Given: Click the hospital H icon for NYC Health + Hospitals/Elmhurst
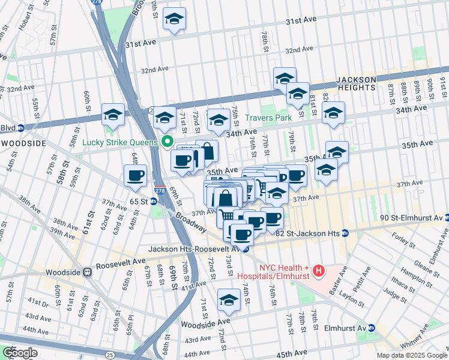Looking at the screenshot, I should [x=318, y=271].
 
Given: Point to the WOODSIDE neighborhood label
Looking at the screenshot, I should [x=23, y=143].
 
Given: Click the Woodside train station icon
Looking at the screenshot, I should [x=88, y=272].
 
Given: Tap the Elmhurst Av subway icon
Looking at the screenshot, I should [x=372, y=328].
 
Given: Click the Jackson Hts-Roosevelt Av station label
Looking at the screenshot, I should [x=194, y=248].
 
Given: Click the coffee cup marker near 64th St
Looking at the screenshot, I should [x=135, y=175].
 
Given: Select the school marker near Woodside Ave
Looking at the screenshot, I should [x=229, y=300].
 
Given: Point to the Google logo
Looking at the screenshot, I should [x=19, y=353].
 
